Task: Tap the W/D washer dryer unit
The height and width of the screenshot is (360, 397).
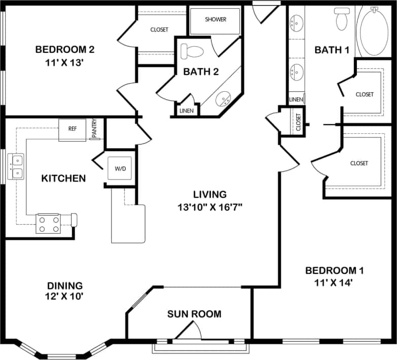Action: [121, 168]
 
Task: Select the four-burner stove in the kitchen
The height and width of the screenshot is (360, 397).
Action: [48, 223]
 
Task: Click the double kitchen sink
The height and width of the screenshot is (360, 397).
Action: [18, 167]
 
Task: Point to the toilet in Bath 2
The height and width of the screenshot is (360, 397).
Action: [192, 51]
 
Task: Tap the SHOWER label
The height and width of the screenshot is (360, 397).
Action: [215, 20]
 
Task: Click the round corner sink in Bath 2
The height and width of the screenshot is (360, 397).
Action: [223, 99]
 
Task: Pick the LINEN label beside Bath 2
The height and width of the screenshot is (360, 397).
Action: [186, 111]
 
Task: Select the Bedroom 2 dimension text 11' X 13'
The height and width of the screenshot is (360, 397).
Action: [65, 63]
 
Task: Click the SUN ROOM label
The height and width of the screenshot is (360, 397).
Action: [194, 314]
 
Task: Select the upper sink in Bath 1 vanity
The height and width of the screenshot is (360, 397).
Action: [296, 23]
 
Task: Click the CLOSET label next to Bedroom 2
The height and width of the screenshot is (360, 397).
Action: [159, 30]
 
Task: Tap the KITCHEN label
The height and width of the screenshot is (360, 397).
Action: [63, 178]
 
